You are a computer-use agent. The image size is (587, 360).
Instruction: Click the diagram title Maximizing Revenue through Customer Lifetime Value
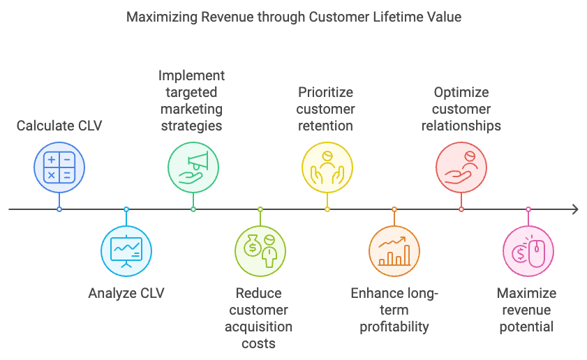click(x=293, y=17)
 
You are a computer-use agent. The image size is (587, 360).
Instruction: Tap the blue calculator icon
click(x=59, y=167)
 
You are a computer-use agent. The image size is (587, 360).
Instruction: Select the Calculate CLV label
click(x=59, y=126)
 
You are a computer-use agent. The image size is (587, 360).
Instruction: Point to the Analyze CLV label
click(x=126, y=293)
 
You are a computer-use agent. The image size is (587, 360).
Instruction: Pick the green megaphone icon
click(x=193, y=167)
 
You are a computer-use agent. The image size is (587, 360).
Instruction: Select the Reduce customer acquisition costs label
click(x=260, y=318)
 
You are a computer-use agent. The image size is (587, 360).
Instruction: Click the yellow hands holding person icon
click(x=327, y=167)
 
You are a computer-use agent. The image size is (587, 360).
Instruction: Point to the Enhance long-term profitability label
click(x=394, y=310)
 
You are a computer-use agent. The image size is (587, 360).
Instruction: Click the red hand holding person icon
click(x=461, y=167)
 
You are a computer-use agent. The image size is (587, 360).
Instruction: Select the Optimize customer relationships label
click(x=461, y=109)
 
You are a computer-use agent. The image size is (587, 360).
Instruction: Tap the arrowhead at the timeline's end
click(x=574, y=209)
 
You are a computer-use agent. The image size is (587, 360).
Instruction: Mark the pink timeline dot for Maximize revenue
click(x=528, y=209)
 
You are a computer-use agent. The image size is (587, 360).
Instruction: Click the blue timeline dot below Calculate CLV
click(x=59, y=209)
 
